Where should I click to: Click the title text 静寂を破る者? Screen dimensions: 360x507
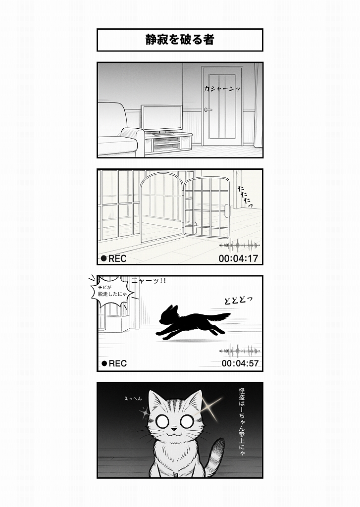180,40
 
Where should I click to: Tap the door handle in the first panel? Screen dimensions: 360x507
208,110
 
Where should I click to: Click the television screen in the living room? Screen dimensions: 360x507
162,118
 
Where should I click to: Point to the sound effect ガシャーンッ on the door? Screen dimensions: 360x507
222,89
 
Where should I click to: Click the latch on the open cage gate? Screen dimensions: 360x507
227,211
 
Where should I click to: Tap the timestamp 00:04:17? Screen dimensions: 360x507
238,258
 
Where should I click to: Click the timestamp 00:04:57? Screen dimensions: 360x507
240,363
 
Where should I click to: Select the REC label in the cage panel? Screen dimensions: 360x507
114,258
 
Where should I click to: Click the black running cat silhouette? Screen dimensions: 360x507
192,322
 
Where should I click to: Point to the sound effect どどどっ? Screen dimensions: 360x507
238,300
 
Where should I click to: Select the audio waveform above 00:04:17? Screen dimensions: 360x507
239,246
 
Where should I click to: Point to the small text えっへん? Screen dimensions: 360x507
133,399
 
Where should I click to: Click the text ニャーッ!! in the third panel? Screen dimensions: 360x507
149,281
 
